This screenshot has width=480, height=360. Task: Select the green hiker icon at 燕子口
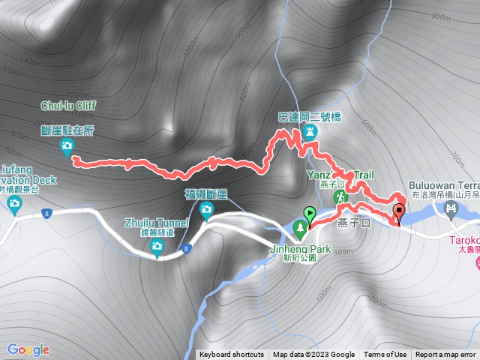pos(341,197)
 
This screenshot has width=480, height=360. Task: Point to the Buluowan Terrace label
pos(444,184)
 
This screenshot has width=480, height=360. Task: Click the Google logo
pos(28,349)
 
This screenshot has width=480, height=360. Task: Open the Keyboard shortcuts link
pos(232,355)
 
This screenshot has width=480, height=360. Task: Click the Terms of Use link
pos(385,355)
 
